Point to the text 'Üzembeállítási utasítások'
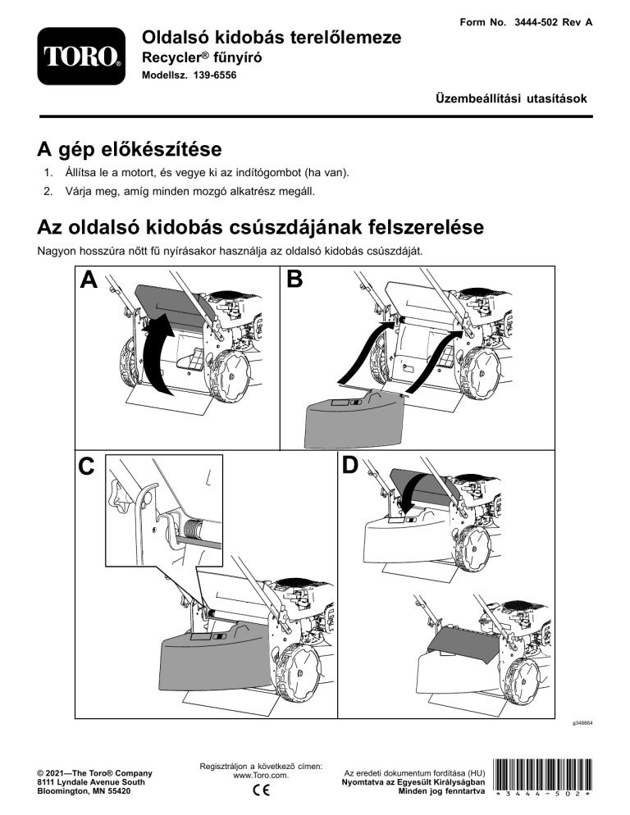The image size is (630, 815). coord(513,98)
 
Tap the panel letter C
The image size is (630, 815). coord(87,466)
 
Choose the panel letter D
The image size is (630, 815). coord(349,465)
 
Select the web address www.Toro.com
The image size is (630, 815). coord(259,775)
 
